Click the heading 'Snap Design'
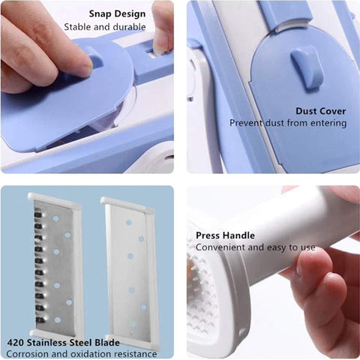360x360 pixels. pos(118,13)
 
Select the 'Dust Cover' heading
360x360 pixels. pos(320,111)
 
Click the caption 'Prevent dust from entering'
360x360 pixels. pos(288,123)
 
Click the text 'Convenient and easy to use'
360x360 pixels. pos(256,247)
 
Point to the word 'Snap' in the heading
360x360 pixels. pos(101,13)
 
